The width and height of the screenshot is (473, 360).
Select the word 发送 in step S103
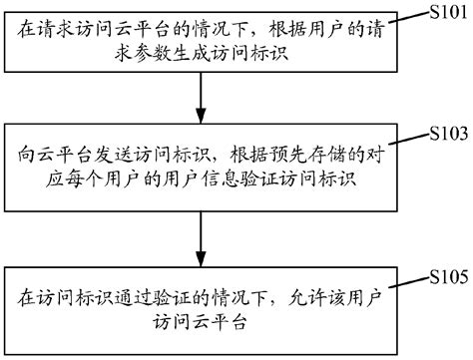(117, 156)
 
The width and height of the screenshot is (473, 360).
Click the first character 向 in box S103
(26, 156)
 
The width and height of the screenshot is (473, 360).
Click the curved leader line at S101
(408, 18)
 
